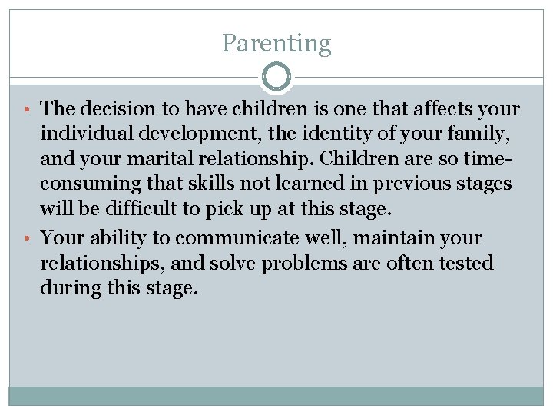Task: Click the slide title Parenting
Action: click(x=276, y=43)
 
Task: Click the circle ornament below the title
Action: click(x=276, y=77)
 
